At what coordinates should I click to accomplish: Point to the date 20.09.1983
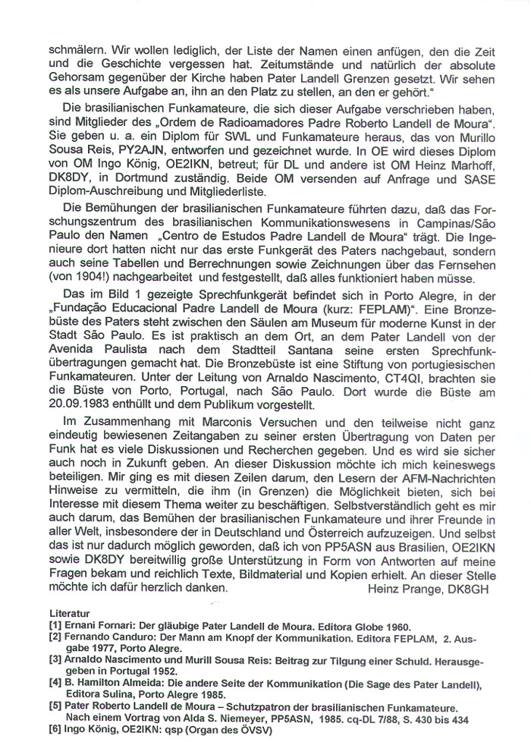[81, 412]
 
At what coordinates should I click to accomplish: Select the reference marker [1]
[55, 627]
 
